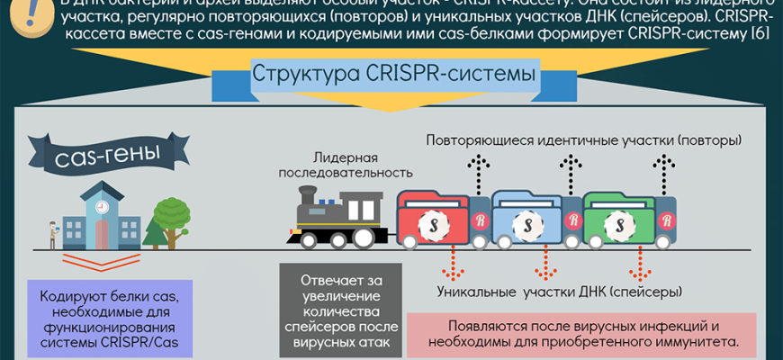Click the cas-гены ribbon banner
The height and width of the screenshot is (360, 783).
pyautogui.click(x=96, y=158)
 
